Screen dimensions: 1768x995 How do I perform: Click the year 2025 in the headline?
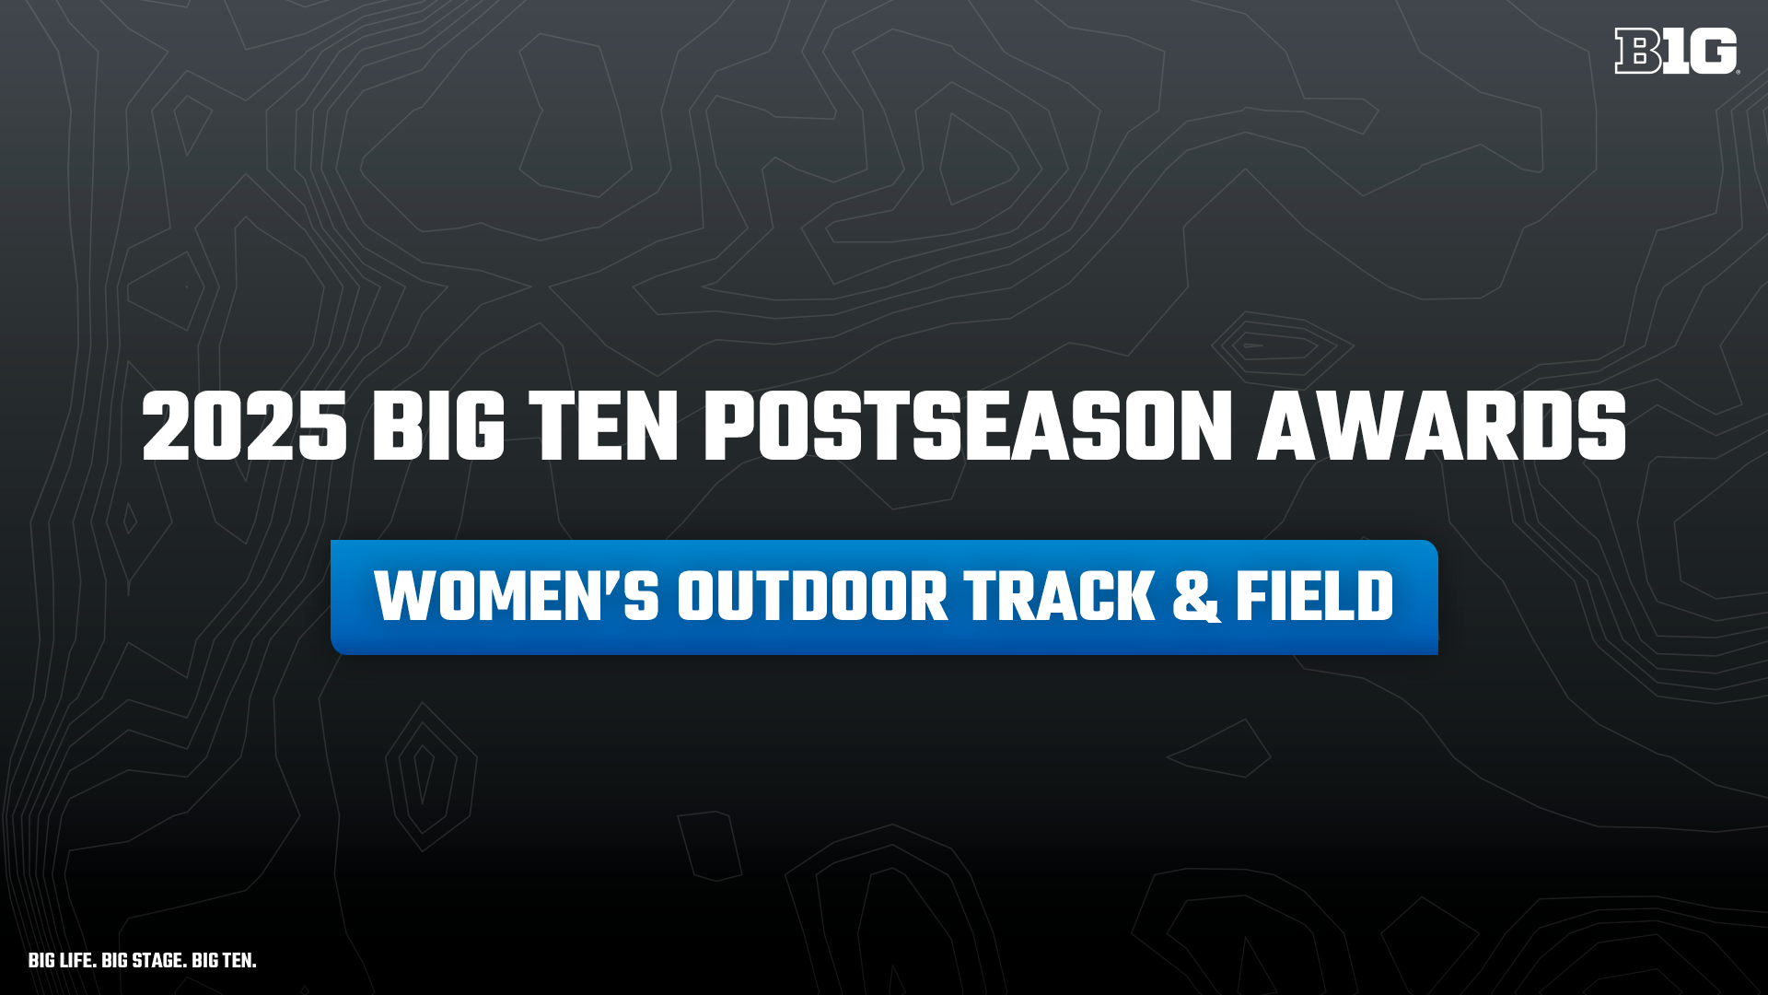[245, 426]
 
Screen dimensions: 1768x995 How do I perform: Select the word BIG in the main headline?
[438, 426]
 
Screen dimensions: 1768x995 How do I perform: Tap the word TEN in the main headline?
[604, 426]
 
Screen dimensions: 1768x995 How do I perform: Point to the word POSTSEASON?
[968, 426]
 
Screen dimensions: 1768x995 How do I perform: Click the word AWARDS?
[1442, 426]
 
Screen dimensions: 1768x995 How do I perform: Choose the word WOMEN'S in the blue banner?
[517, 596]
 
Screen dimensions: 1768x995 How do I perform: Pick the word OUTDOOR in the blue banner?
[812, 596]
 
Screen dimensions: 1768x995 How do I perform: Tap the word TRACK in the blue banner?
[1059, 596]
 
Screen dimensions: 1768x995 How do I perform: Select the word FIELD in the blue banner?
[1314, 596]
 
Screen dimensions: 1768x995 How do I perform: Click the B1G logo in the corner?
[1676, 51]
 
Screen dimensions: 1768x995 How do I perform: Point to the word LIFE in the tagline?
[77, 960]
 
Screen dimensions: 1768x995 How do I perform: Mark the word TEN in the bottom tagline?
[239, 960]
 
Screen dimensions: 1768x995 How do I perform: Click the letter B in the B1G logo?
[1637, 51]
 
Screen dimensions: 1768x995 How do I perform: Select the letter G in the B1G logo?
[1714, 51]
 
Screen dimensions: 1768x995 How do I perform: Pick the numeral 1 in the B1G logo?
[1675, 51]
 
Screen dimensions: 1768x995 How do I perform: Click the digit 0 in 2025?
[220, 426]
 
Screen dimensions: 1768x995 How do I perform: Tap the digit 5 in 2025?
[322, 426]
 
